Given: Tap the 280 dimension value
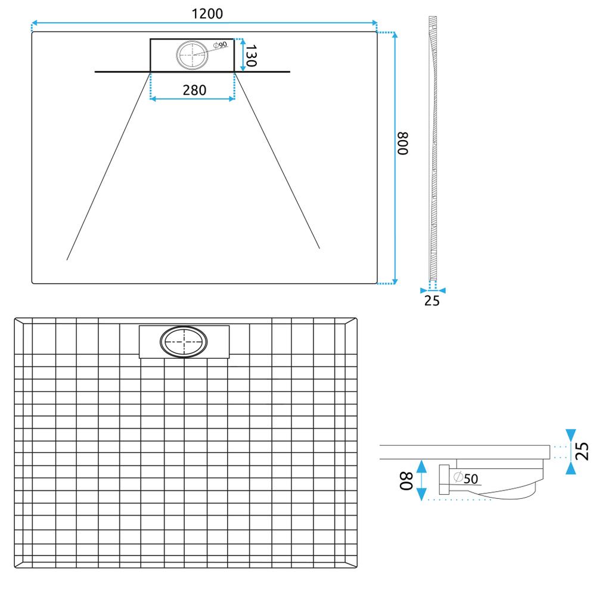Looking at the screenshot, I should (194, 90).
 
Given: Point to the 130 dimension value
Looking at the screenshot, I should (251, 55).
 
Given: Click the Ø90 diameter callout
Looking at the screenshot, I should (219, 46).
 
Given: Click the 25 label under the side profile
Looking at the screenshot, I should (432, 301).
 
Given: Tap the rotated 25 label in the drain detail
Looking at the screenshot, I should (582, 451).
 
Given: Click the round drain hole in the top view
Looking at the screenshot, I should (193, 55).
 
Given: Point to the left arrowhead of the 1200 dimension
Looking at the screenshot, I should (34, 23).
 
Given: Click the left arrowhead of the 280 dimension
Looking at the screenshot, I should (153, 99).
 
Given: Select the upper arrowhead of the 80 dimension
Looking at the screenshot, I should (421, 464).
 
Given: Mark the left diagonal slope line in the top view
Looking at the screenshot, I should (107, 167).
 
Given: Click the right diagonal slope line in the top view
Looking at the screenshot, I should (277, 161).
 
